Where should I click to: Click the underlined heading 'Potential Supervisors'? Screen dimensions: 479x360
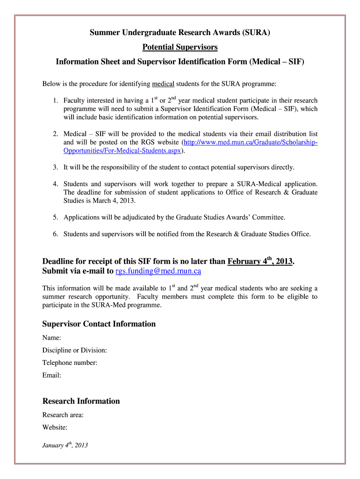pos(180,47)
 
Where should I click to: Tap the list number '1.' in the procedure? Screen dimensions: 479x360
pos(55,101)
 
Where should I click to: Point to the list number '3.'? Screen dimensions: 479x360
pos(55,167)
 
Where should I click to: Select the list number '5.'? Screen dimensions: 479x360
pos(55,218)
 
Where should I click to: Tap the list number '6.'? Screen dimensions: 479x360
pos(55,234)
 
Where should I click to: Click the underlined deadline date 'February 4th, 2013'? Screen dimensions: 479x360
pos(260,261)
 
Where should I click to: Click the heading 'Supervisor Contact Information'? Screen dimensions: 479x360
pos(99,324)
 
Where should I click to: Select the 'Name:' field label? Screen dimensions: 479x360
pos(52,338)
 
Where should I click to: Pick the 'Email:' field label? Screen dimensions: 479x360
pos(51,375)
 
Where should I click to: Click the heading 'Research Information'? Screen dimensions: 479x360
pos(81,401)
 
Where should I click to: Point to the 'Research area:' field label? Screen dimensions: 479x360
pos(63,415)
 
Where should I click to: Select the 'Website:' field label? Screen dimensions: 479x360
pos(55,427)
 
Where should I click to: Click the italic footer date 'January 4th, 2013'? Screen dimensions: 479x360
pos(65,445)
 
